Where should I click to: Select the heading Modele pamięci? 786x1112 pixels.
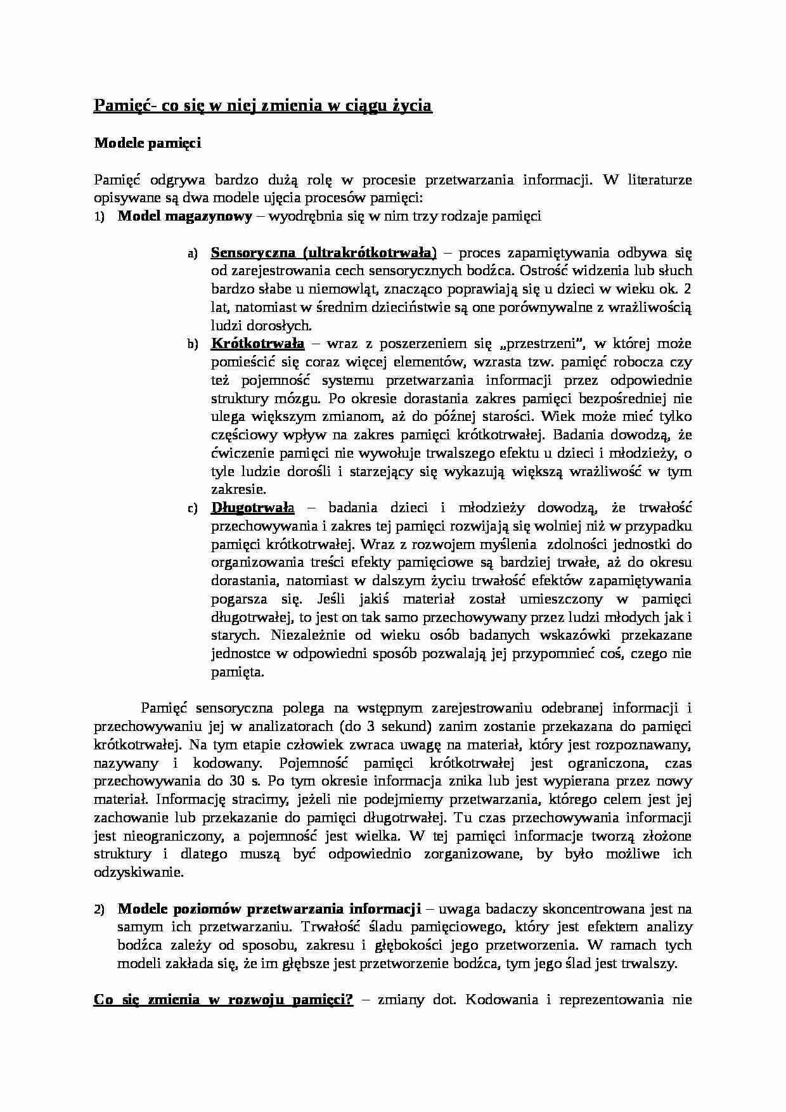pyautogui.click(x=147, y=143)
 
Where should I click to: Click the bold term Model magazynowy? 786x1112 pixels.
pyautogui.click(x=185, y=217)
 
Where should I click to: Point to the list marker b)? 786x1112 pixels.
pyautogui.click(x=193, y=345)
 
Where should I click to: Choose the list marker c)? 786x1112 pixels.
pyautogui.click(x=193, y=508)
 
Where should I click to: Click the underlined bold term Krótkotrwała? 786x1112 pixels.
pyautogui.click(x=257, y=344)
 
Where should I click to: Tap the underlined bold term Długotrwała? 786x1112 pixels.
pyautogui.click(x=252, y=508)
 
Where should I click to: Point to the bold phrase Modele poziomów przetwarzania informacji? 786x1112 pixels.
pyautogui.click(x=269, y=909)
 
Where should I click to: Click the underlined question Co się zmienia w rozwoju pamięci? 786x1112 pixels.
pyautogui.click(x=223, y=1000)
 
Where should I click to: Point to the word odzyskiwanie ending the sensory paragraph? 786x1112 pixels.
pyautogui.click(x=138, y=872)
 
